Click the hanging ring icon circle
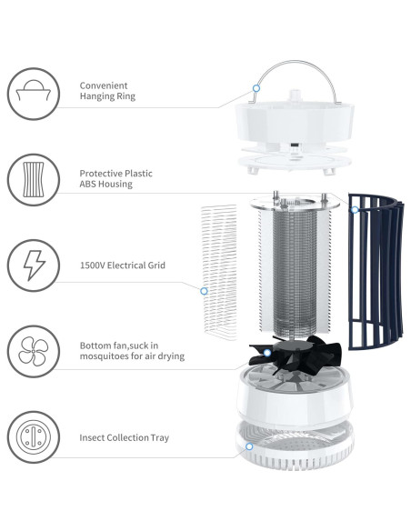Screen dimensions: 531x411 coord(34,92)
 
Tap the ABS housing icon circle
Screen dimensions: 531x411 coord(34,178)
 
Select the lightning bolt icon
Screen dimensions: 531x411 coord(34,265)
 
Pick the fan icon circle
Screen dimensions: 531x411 coord(34,350)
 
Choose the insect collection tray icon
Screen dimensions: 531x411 coord(34,437)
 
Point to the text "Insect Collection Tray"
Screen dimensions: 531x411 coord(124,437)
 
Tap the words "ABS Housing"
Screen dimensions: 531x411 coord(105,184)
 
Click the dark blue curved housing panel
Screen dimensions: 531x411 coord(373,273)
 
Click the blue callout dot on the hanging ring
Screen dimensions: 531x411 coord(257,88)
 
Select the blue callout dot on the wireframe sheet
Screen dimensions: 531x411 coord(205,292)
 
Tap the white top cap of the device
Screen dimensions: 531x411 coord(293,118)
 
